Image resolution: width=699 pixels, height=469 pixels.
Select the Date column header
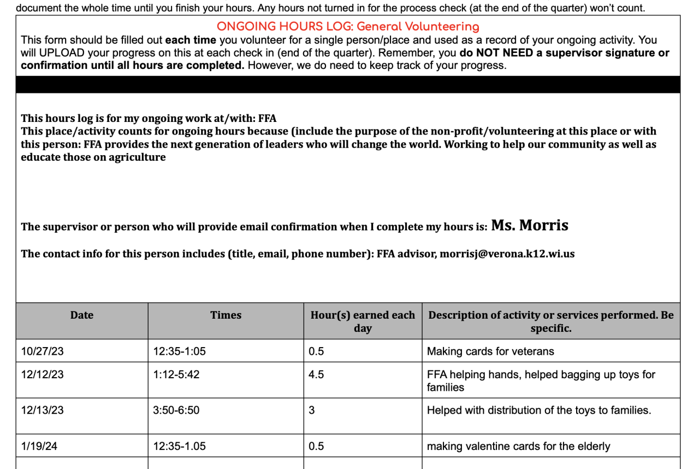click(x=82, y=315)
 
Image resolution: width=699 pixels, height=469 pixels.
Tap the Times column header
click(x=226, y=315)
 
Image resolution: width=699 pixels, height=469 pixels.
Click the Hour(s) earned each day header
click(x=363, y=321)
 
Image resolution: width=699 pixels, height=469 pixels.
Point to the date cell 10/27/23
click(x=42, y=351)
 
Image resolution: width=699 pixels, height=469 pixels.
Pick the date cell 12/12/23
click(x=42, y=375)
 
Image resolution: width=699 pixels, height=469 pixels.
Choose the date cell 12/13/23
click(x=42, y=410)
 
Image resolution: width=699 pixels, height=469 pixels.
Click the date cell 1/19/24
click(x=39, y=447)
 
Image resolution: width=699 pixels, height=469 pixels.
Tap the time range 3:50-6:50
click(x=176, y=410)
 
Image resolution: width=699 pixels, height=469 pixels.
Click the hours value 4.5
click(x=316, y=375)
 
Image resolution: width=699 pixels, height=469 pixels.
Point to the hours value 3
click(x=312, y=410)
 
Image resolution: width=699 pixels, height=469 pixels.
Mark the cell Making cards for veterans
click(x=490, y=351)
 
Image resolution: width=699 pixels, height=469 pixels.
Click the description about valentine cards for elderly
click(x=518, y=447)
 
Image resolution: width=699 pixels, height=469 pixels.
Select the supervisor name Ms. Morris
click(x=530, y=225)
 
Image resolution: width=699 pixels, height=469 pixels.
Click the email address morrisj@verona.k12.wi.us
click(x=507, y=254)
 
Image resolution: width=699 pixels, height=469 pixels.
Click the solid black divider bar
click(x=348, y=84)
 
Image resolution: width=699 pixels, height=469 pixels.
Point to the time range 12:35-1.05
click(x=179, y=447)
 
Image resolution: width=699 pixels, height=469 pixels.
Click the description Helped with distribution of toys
click(x=539, y=410)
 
